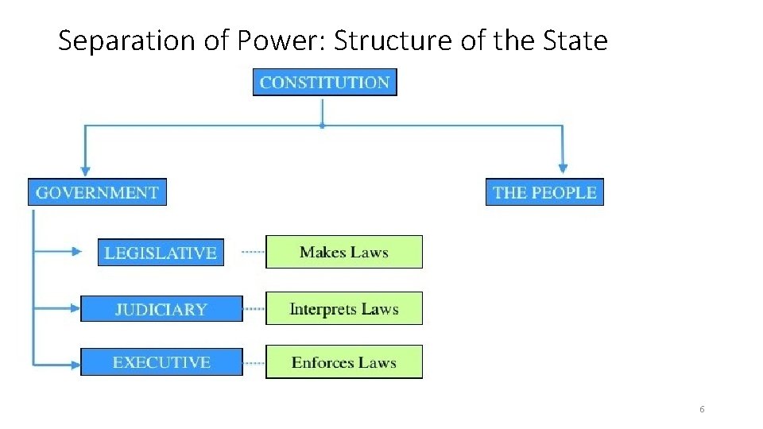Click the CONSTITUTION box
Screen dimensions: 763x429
pyautogui.click(x=324, y=83)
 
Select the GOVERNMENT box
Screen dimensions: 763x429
pyautogui.click(x=97, y=192)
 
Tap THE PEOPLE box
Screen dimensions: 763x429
pyautogui.click(x=544, y=192)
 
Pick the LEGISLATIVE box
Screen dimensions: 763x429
pyautogui.click(x=161, y=253)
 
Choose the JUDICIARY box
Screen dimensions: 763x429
pyautogui.click(x=161, y=309)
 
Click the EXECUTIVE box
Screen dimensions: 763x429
pyautogui.click(x=161, y=362)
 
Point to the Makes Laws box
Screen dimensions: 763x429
pyautogui.click(x=343, y=253)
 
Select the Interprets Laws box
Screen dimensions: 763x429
pyautogui.click(x=343, y=309)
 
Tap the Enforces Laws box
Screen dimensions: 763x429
pyautogui.click(x=343, y=362)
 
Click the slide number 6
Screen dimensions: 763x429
pyautogui.click(x=702, y=409)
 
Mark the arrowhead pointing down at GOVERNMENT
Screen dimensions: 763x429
pyautogui.click(x=85, y=169)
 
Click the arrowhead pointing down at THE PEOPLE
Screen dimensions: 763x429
pyautogui.click(x=564, y=167)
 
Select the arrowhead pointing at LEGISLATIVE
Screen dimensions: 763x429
pyautogui.click(x=77, y=252)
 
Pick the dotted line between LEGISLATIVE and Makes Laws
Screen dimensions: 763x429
pyautogui.click(x=253, y=253)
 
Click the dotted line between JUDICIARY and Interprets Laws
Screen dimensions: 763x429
pyautogui.click(x=254, y=309)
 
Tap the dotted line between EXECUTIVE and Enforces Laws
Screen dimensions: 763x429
pyautogui.click(x=254, y=363)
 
